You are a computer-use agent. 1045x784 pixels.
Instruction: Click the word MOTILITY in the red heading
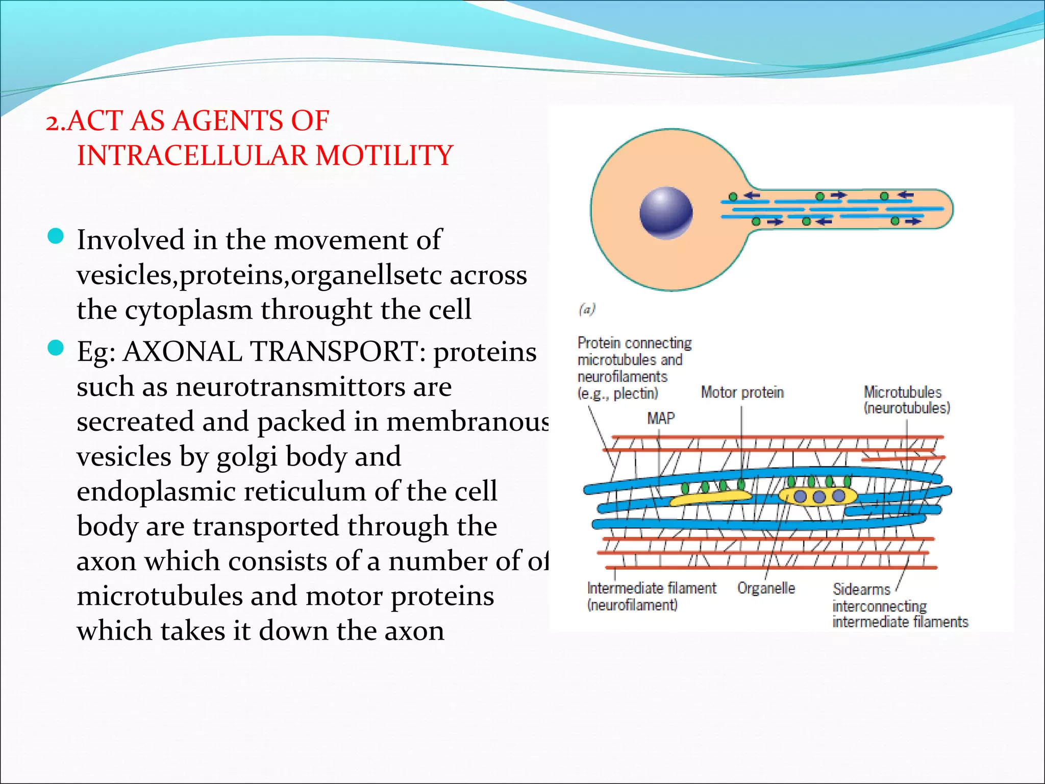tap(384, 156)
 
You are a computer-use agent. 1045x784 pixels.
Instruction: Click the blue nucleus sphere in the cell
tap(666, 213)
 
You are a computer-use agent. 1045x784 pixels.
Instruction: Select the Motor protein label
tap(742, 392)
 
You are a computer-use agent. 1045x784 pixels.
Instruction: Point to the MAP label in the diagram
tap(661, 419)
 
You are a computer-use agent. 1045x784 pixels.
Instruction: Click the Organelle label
tap(766, 588)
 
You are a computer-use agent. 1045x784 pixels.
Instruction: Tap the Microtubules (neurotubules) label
tap(906, 400)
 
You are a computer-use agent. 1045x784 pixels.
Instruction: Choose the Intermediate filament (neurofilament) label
tap(651, 596)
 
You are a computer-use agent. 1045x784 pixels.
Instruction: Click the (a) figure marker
tap(587, 309)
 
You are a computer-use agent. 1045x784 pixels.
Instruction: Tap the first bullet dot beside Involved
tap(55, 236)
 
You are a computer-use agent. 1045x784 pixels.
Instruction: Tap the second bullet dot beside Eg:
tap(55, 348)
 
